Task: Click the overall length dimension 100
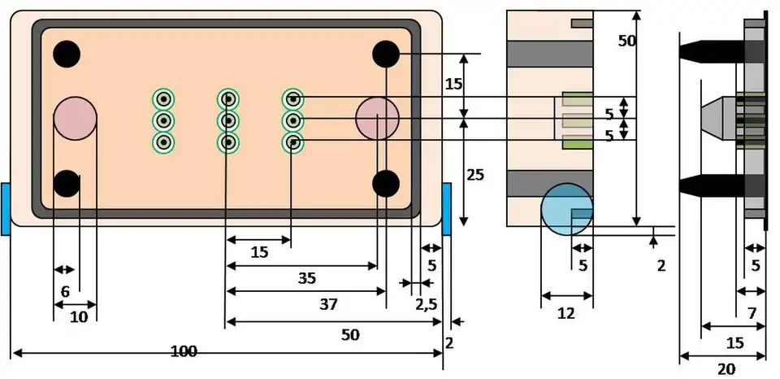pyautogui.click(x=184, y=351)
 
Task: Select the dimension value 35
pyautogui.click(x=306, y=278)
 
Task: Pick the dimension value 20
pyautogui.click(x=726, y=369)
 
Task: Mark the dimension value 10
pyautogui.click(x=78, y=317)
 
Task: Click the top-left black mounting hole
pyautogui.click(x=67, y=54)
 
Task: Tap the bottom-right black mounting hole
pyautogui.click(x=386, y=184)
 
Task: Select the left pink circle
pyautogui.click(x=75, y=119)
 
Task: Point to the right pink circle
pyautogui.click(x=377, y=119)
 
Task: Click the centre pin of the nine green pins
pyautogui.click(x=228, y=121)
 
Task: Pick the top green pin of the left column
pyautogui.click(x=164, y=99)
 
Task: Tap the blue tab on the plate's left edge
pyautogui.click(x=5, y=210)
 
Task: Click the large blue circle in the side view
pyautogui.click(x=566, y=210)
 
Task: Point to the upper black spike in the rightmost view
pyautogui.click(x=711, y=51)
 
